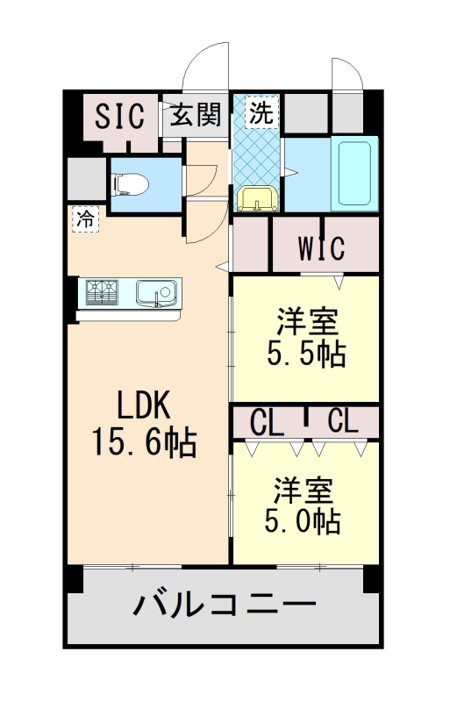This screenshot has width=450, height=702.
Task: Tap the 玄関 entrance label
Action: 194,115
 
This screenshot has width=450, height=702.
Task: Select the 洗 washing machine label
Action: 261,112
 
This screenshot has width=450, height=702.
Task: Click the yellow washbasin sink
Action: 257,198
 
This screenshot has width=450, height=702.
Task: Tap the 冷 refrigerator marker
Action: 85,218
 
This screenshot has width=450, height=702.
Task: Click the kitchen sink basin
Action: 157,291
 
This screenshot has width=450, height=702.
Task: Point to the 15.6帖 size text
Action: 144,441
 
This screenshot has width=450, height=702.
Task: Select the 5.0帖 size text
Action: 303,522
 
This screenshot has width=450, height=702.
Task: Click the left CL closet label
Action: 267,422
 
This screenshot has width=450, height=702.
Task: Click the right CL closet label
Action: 342,422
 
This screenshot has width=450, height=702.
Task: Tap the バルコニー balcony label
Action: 225,605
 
